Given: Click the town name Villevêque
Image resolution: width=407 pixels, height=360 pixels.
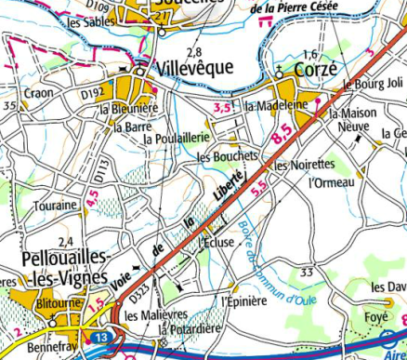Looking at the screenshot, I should (188, 69).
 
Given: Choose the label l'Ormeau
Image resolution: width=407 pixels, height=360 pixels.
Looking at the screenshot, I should (333, 182).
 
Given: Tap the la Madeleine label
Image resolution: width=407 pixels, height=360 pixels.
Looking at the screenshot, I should (276, 106).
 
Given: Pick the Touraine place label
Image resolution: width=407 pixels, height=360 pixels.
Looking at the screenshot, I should (54, 205).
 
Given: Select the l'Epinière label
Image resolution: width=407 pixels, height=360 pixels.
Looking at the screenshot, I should (244, 300).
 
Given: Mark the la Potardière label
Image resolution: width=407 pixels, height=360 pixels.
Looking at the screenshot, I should (190, 330).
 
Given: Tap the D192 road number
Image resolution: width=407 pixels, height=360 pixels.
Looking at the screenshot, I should (91, 93).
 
